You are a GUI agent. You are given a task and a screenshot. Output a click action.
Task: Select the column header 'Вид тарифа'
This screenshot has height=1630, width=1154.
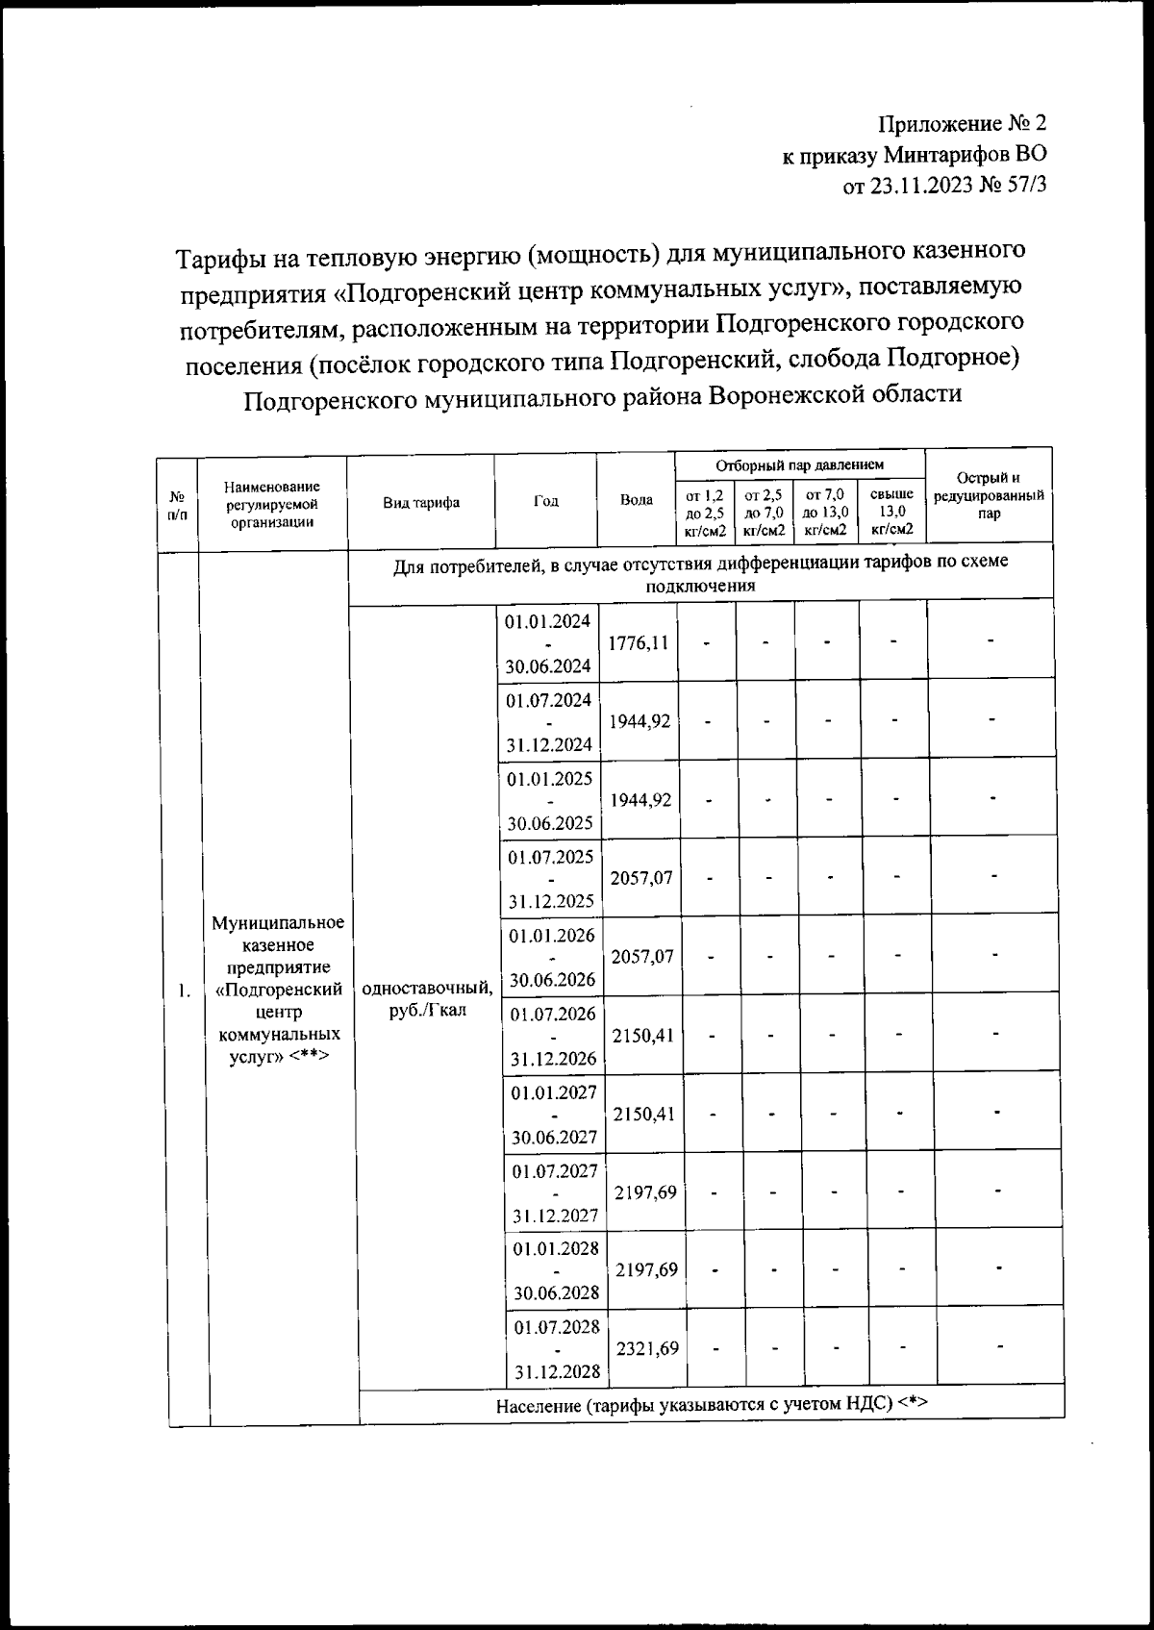[420, 502]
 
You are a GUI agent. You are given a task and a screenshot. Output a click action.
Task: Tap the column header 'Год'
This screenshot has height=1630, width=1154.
[545, 501]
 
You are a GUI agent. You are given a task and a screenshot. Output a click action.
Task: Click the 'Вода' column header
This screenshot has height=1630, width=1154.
[636, 500]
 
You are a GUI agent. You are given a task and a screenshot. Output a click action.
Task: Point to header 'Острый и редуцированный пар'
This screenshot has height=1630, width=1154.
[988, 495]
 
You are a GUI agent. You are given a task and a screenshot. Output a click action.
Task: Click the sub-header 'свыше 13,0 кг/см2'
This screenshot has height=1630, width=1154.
[891, 512]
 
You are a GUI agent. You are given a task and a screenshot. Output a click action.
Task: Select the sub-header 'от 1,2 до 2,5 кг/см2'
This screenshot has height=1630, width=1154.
[705, 512]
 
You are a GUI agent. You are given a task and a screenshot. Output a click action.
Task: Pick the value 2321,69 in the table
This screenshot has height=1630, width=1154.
[646, 1348]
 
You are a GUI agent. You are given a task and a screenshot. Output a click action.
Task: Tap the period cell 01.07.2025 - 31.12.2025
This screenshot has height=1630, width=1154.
[552, 878]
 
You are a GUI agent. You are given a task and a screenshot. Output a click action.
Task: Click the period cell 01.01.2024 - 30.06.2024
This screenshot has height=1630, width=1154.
[547, 642]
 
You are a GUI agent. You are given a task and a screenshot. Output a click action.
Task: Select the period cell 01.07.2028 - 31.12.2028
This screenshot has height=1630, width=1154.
[557, 1348]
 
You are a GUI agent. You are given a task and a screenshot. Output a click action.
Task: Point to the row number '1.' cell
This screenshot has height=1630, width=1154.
[183, 991]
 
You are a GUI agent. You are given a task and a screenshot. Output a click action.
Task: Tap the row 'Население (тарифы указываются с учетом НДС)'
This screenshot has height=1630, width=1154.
[712, 1404]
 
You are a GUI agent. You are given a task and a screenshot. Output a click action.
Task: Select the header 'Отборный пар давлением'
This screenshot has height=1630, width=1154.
[799, 465]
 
